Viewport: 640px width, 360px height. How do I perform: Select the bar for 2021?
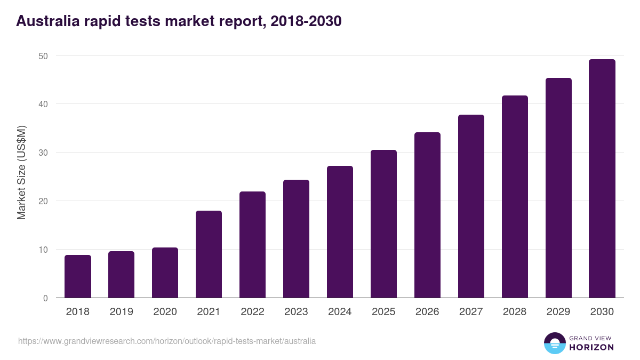tap(209, 254)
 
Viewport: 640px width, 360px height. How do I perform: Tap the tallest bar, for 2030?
tap(602, 179)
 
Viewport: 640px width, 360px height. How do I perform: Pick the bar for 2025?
tap(383, 224)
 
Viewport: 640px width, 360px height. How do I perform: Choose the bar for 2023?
tap(296, 239)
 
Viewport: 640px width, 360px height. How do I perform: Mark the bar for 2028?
tap(515, 197)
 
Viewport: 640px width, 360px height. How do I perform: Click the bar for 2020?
tap(165, 273)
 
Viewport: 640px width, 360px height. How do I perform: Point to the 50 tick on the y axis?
tap(43, 56)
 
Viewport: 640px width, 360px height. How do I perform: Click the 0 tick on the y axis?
tap(46, 298)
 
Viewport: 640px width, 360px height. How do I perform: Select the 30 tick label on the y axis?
tap(43, 153)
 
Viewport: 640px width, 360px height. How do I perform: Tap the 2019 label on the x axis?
tap(122, 312)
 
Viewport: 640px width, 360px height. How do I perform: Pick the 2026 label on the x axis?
tap(427, 312)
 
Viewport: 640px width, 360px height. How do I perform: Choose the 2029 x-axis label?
tap(558, 312)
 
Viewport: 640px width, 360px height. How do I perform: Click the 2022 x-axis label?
tap(252, 312)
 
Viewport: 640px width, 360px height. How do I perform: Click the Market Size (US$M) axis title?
tap(21, 172)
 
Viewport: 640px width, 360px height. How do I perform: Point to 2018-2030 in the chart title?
tap(306, 21)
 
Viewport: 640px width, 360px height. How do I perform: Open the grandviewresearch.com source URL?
tap(167, 341)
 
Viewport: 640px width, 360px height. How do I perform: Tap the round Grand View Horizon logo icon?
tap(554, 343)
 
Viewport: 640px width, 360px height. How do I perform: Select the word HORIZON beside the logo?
tap(592, 347)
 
